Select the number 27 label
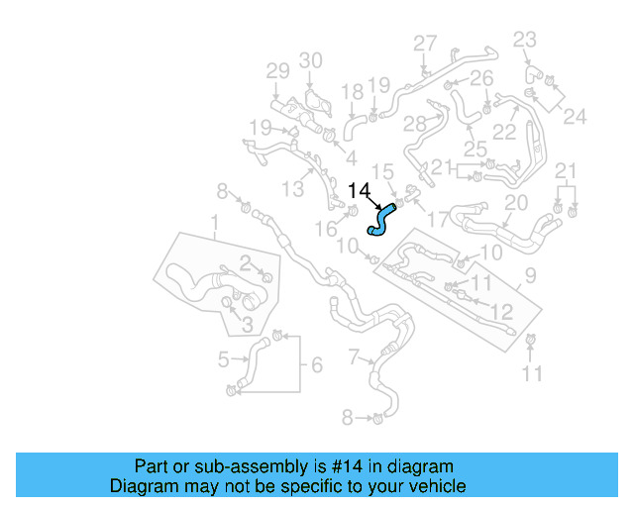[425, 43]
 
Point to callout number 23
[524, 40]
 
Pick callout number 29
[277, 70]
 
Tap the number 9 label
[530, 274]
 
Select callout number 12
[502, 312]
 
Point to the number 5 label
[224, 359]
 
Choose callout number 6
[316, 365]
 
